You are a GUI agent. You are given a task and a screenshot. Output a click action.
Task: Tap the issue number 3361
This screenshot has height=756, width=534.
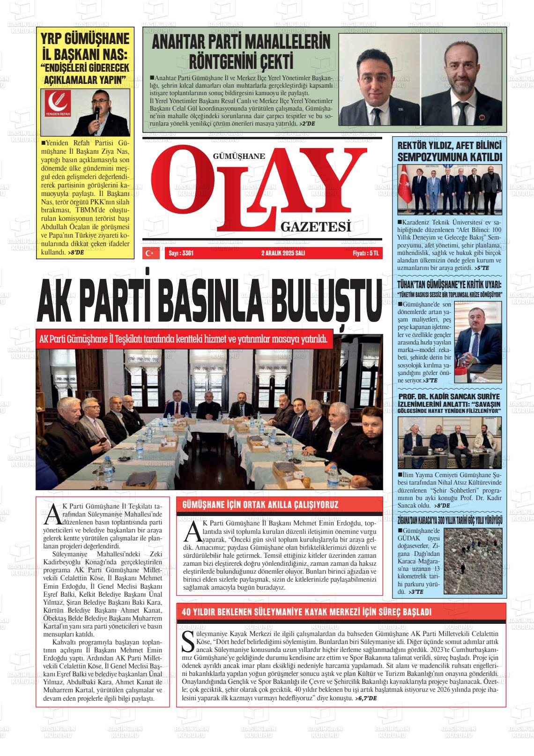click(186, 253)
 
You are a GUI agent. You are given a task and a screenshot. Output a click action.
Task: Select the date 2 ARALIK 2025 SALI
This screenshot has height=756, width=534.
click(283, 253)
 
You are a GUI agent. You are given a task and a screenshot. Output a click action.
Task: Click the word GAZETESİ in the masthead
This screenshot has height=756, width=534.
click(316, 228)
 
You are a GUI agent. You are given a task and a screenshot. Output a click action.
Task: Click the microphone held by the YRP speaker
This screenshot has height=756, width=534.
click(97, 112)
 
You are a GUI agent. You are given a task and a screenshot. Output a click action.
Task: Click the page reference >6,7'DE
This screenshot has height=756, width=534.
click(366, 698)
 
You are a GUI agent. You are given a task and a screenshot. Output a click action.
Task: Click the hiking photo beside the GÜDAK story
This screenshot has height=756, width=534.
click(473, 561)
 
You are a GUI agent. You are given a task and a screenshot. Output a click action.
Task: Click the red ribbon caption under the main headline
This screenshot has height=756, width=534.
click(184, 338)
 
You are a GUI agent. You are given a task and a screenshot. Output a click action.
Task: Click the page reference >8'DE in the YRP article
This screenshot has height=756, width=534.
click(75, 252)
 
